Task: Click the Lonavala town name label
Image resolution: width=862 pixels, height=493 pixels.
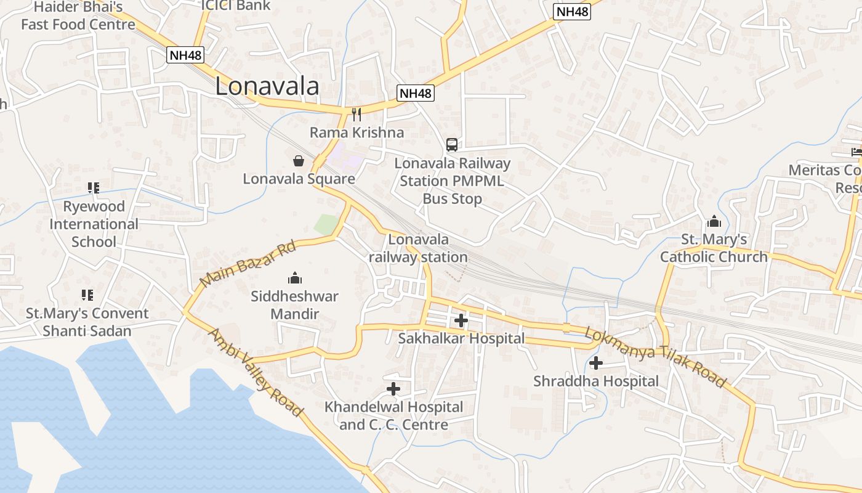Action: (x=267, y=86)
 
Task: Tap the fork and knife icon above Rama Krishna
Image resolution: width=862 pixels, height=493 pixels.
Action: (x=356, y=114)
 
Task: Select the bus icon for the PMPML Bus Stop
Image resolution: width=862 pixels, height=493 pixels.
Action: (x=452, y=145)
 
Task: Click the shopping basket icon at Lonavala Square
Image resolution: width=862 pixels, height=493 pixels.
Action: (x=299, y=161)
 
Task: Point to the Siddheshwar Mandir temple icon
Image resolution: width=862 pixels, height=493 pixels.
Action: (x=295, y=278)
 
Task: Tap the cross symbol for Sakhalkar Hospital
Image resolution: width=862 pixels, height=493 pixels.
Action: (x=461, y=320)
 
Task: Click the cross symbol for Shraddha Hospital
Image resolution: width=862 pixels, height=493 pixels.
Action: (x=595, y=363)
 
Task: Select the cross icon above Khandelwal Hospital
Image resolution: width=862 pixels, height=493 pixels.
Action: (x=393, y=389)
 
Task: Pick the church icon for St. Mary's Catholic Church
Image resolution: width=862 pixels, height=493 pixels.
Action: (x=714, y=221)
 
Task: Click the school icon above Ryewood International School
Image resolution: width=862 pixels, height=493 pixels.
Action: (x=94, y=188)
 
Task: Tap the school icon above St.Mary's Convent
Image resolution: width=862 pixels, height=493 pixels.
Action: (x=87, y=295)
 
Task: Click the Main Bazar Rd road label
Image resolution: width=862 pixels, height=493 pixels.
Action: (x=248, y=264)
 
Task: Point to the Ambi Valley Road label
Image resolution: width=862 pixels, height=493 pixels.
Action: (x=255, y=372)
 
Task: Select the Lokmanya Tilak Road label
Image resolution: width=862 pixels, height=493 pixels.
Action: (x=655, y=357)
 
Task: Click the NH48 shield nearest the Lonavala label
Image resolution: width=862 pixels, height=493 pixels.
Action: (x=185, y=55)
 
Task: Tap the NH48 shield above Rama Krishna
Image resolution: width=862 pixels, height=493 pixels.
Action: (x=416, y=93)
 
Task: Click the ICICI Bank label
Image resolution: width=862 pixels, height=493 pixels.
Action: (x=236, y=6)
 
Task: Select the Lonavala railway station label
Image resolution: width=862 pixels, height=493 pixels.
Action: (x=419, y=248)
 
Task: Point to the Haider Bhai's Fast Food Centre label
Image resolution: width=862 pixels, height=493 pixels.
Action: (x=78, y=16)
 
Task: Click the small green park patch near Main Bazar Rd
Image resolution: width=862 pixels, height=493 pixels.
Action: (x=326, y=224)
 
